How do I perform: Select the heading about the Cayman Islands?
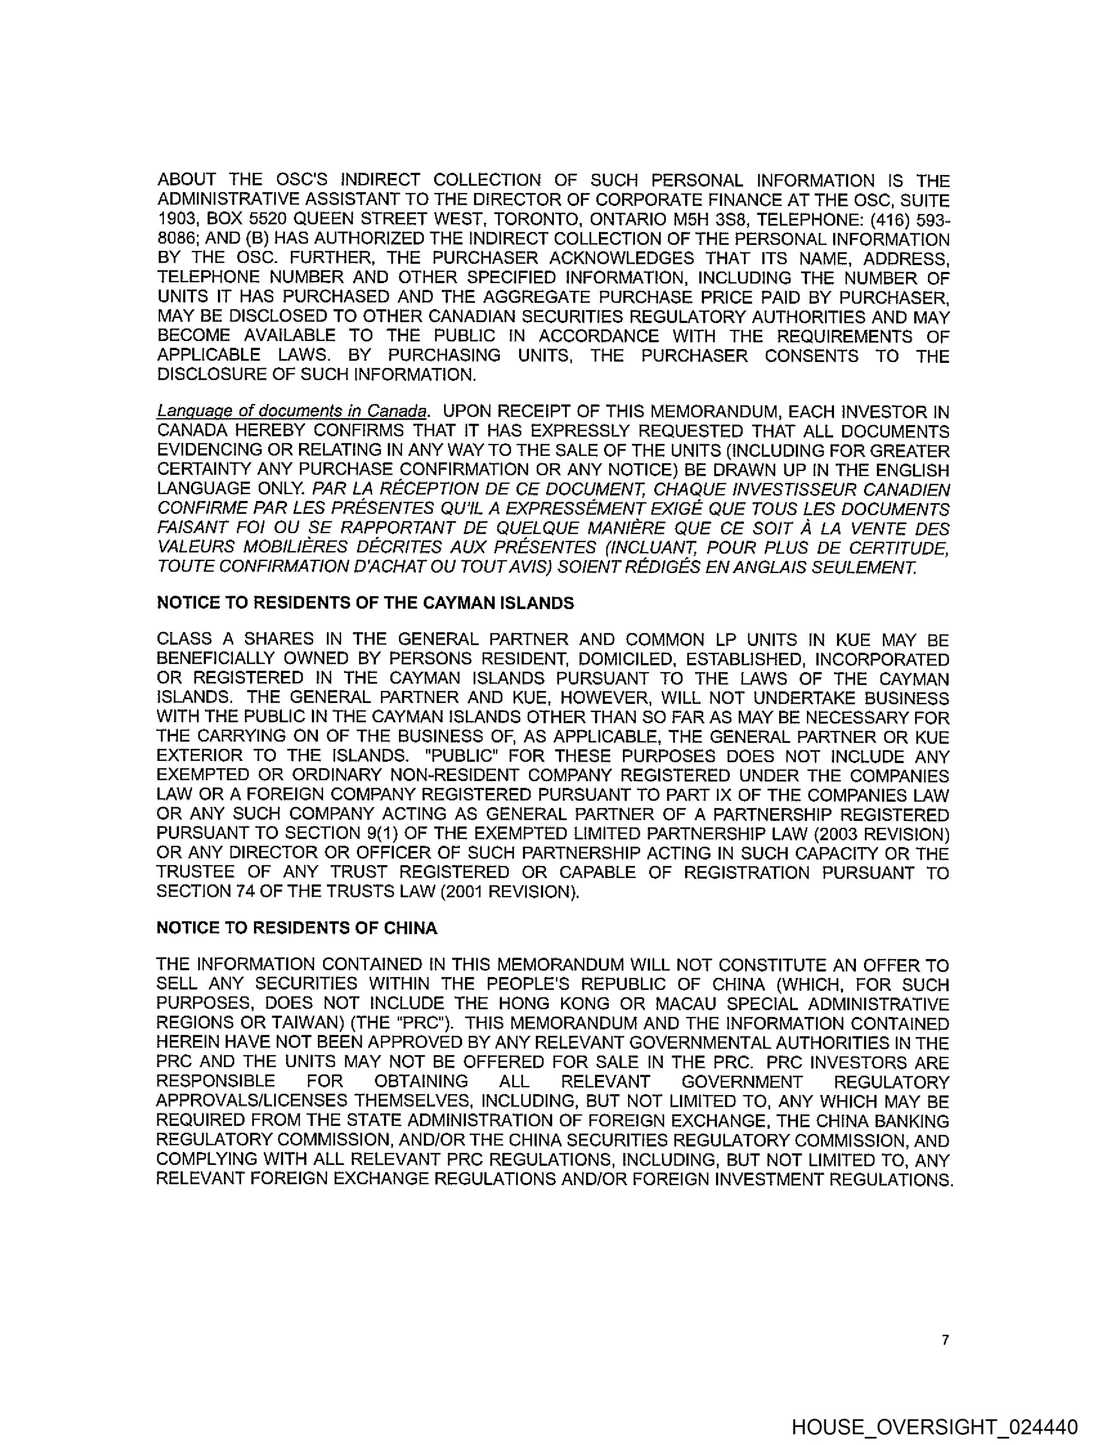pyautogui.click(x=366, y=603)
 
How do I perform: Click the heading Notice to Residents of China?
pyautogui.click(x=297, y=928)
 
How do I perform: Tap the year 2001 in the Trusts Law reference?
pyautogui.click(x=465, y=892)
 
